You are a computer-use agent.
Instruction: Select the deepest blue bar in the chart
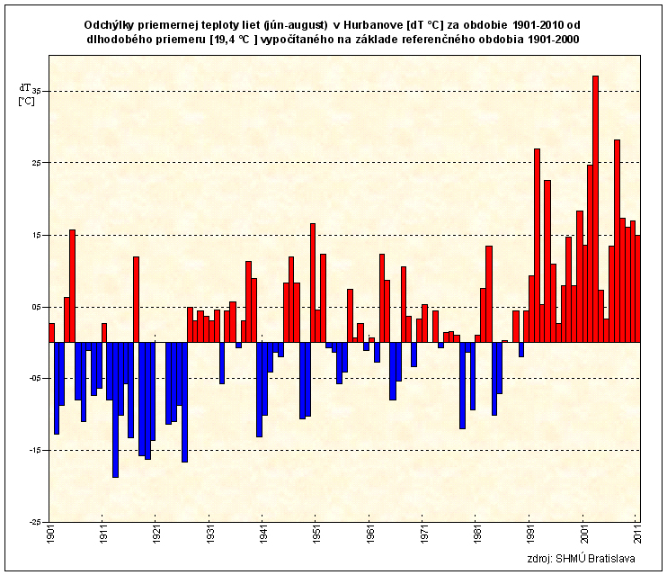pyautogui.click(x=115, y=409)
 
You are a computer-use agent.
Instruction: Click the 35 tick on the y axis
pyautogui.click(x=37, y=91)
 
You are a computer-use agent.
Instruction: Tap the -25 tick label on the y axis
pyautogui.click(x=35, y=522)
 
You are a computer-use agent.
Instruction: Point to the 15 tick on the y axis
pyautogui.click(x=37, y=235)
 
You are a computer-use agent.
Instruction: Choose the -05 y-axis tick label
pyautogui.click(x=35, y=378)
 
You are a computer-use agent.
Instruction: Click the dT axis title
pyautogui.click(x=24, y=87)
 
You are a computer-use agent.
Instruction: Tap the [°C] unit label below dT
pyautogui.click(x=26, y=101)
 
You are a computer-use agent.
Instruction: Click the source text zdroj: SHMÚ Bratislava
pyautogui.click(x=583, y=559)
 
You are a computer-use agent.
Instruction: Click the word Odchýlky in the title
pyautogui.click(x=109, y=24)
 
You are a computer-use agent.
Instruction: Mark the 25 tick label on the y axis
pyautogui.click(x=37, y=163)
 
